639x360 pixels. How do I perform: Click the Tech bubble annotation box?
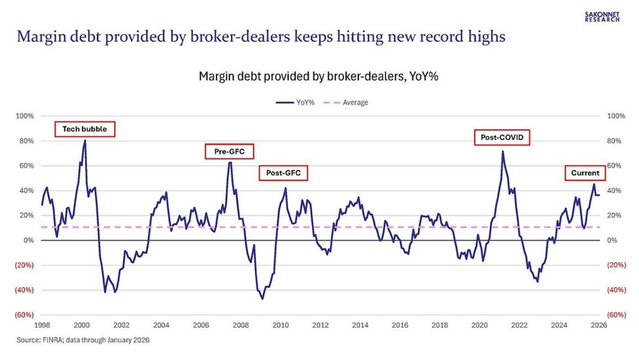coord(85,129)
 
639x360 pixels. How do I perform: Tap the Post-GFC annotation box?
coord(284,174)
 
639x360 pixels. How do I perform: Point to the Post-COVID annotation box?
coord(502,138)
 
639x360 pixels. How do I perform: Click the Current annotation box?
coord(583,173)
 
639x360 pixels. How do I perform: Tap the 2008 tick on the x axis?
coord(241,325)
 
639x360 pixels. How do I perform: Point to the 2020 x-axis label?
coord(480,325)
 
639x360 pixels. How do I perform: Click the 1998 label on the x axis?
coord(42,325)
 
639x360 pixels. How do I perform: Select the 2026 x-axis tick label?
coord(599,325)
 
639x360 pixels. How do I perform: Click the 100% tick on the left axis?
coord(24,116)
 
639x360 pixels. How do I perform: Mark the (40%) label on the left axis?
coord(24,290)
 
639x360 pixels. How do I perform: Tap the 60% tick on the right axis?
coord(617,166)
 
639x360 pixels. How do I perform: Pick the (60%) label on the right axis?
coord(617,315)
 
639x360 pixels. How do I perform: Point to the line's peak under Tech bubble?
coord(85,140)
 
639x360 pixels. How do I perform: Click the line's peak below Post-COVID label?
coord(502,151)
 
